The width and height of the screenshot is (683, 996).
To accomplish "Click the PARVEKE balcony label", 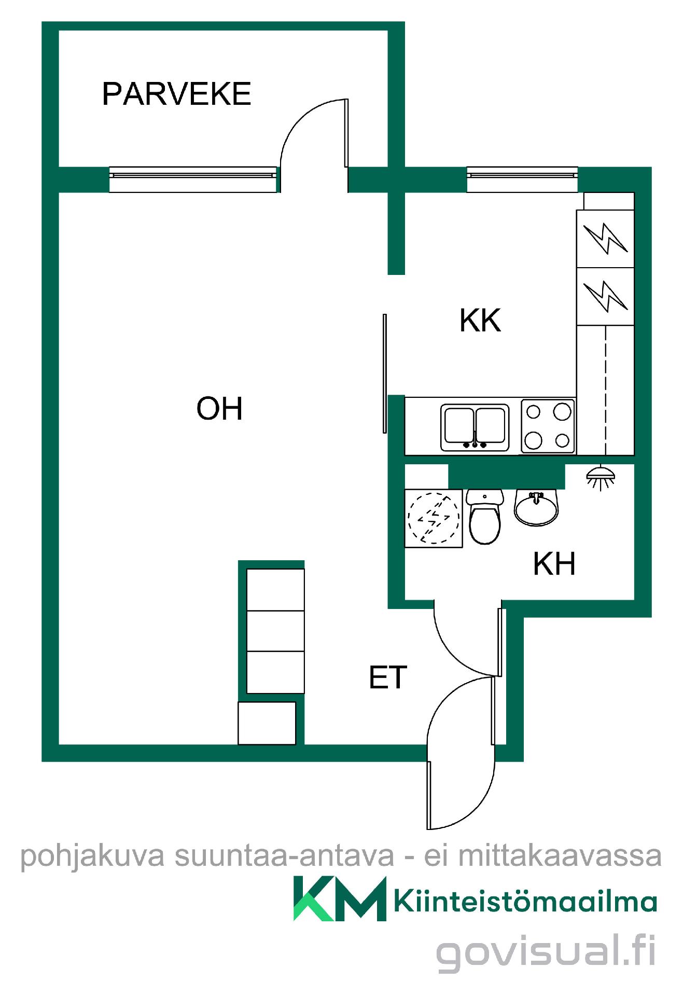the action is point(176,94).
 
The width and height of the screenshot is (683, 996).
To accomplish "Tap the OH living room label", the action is point(219,409).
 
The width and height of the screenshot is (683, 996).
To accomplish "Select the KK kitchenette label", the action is point(480,321).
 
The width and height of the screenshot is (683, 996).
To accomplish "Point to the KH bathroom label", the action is point(554,564).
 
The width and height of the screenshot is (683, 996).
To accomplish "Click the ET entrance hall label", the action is point(388,677).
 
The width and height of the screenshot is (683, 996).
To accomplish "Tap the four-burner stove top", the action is point(548,426).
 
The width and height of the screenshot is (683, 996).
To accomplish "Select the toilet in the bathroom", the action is point(485,517).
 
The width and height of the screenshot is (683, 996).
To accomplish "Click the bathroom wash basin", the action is point(536,507).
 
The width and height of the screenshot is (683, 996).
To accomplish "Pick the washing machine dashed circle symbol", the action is point(434,518).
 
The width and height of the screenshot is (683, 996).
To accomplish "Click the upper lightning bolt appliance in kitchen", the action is point(605,238).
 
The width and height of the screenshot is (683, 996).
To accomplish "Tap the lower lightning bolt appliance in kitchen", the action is point(605,296).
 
